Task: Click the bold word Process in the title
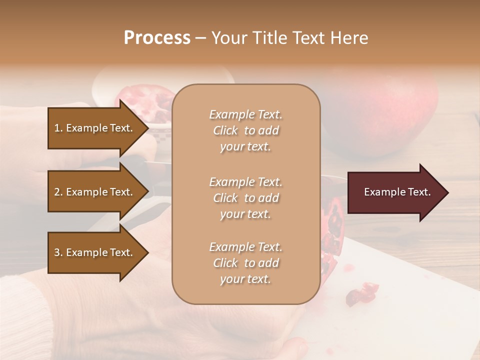pyautogui.click(x=157, y=38)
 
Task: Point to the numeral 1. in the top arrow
pyautogui.click(x=58, y=128)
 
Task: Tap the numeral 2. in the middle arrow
pyautogui.click(x=58, y=192)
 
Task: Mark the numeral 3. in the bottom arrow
pyautogui.click(x=58, y=252)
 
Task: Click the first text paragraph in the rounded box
pyautogui.click(x=245, y=130)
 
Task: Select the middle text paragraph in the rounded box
pyautogui.click(x=245, y=198)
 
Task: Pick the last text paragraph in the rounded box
pyautogui.click(x=245, y=263)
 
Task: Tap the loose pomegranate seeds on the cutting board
pyautogui.click(x=362, y=294)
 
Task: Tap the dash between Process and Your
pyautogui.click(x=201, y=38)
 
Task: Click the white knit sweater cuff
pyautogui.click(x=25, y=310)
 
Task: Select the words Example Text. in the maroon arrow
pyautogui.click(x=397, y=192)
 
